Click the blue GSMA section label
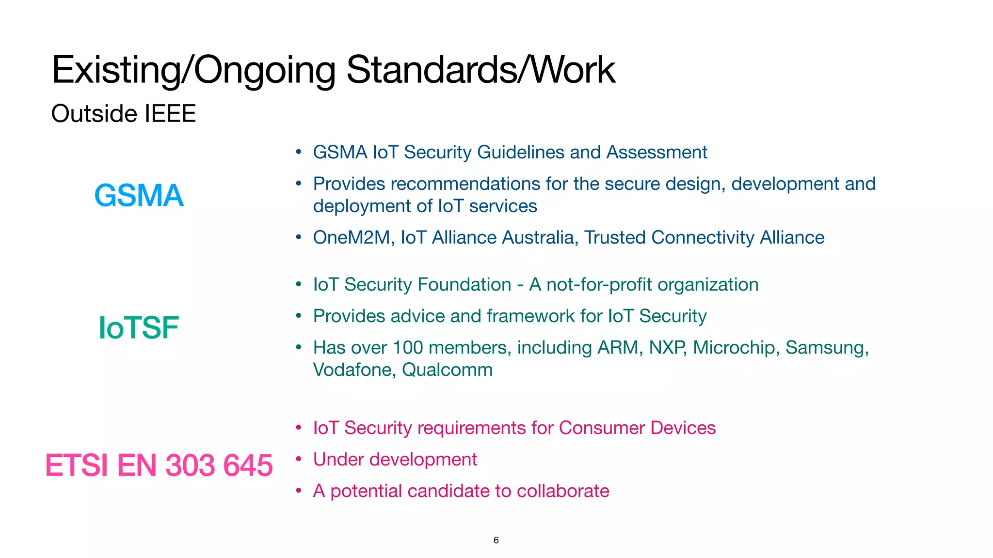click(139, 196)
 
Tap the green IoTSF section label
click(139, 328)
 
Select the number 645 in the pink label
click(248, 465)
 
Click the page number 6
click(496, 540)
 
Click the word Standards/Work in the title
click(480, 70)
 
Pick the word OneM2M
click(352, 238)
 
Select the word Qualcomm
click(447, 370)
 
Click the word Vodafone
click(354, 370)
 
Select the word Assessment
click(657, 153)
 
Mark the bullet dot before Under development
click(299, 459)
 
